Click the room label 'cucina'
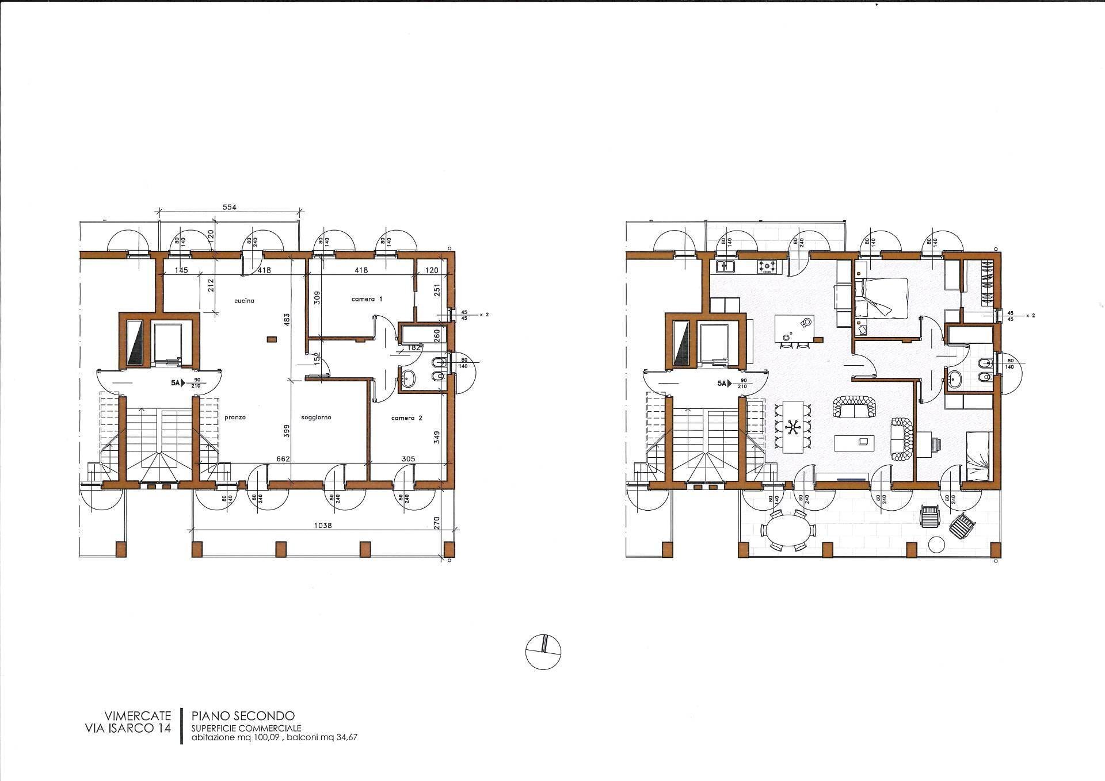point(244,301)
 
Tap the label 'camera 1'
point(367,299)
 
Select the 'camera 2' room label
point(406,418)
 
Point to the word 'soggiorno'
point(316,418)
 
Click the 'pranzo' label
point(235,418)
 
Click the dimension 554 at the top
point(230,207)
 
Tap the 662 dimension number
point(283,459)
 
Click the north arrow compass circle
point(543,652)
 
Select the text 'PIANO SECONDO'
point(243,716)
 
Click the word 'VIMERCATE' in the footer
point(138,716)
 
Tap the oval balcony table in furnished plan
point(788,530)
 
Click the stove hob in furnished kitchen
point(767,266)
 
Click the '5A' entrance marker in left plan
point(174,382)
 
